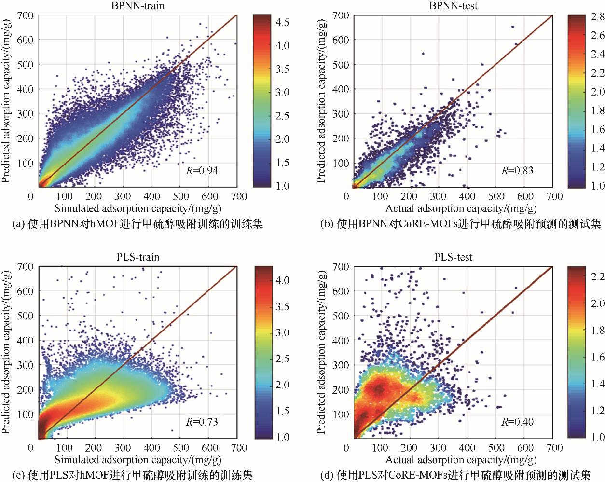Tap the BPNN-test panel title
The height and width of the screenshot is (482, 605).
(453, 6)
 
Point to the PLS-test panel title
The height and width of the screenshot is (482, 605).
(453, 257)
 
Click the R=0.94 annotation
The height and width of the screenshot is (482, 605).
(202, 170)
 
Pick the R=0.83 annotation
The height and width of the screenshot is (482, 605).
(517, 170)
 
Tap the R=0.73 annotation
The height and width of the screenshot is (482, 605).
(202, 422)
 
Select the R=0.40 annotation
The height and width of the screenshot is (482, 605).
(517, 422)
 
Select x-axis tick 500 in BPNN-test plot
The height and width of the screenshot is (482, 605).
(496, 196)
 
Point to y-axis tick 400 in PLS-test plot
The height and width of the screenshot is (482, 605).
(341, 341)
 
